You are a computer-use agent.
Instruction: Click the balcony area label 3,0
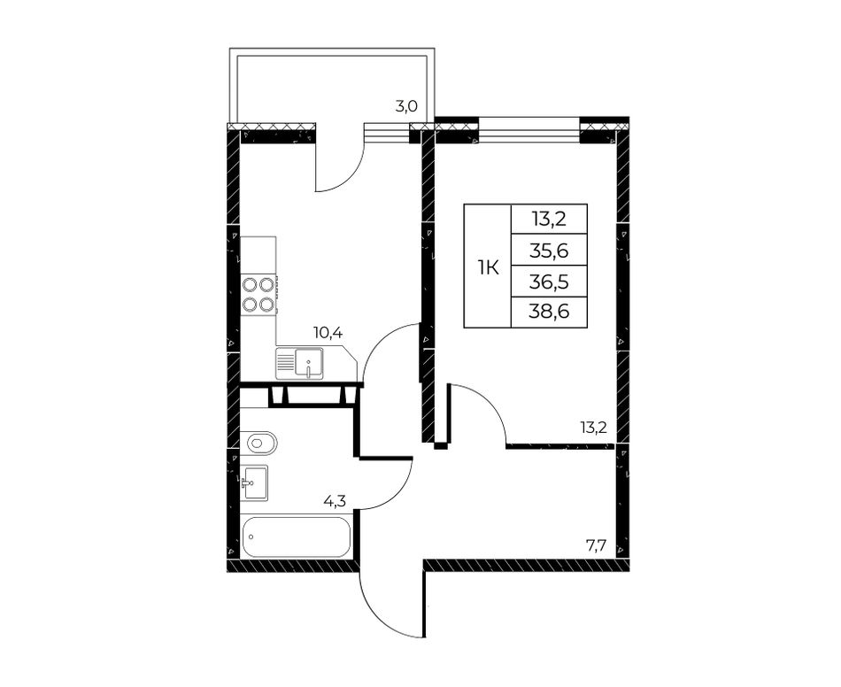[x=406, y=106]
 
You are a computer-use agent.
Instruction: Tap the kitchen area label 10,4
[x=328, y=333]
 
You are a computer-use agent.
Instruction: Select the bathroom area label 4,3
[x=334, y=501]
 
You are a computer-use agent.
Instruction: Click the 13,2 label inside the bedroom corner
[x=593, y=428]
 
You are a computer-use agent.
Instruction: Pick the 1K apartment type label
[x=488, y=267]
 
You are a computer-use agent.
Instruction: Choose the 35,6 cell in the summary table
[x=549, y=251]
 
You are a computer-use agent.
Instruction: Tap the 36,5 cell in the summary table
[x=549, y=281]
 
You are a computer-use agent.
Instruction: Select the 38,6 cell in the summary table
[x=549, y=312]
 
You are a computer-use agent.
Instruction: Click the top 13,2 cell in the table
[x=549, y=220]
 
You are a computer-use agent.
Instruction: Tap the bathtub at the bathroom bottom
[x=297, y=536]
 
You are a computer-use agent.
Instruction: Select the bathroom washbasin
[x=254, y=482]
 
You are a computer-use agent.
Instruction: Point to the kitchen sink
[x=300, y=363]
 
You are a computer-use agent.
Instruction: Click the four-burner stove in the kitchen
[x=258, y=294]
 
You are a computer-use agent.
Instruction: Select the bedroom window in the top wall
[x=529, y=130]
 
